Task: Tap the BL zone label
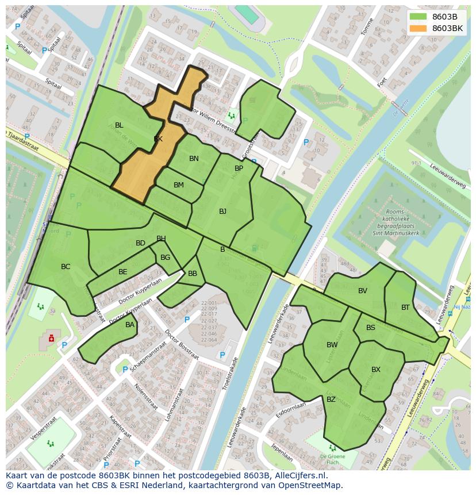tap(119, 125)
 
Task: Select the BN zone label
tap(194, 159)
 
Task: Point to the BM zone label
tap(179, 185)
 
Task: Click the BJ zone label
tap(222, 212)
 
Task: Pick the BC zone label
tap(66, 267)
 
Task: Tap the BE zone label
tap(122, 272)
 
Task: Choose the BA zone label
tap(130, 325)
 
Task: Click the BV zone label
tap(362, 291)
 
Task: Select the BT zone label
tap(405, 308)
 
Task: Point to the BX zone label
tap(375, 370)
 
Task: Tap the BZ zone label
tap(331, 400)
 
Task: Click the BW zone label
tap(332, 345)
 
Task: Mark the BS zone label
tap(371, 328)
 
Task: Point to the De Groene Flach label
tap(332, 458)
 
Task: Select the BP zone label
tap(239, 168)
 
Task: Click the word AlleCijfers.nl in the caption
tap(299, 475)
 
